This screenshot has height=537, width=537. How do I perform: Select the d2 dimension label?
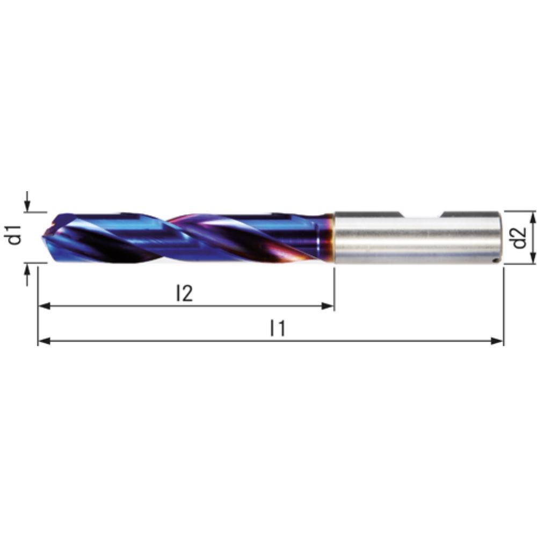coord(519,237)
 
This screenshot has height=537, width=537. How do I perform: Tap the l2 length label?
coord(184,293)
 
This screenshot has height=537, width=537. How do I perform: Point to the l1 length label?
coord(277,328)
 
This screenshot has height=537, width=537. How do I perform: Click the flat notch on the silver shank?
coord(422,215)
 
